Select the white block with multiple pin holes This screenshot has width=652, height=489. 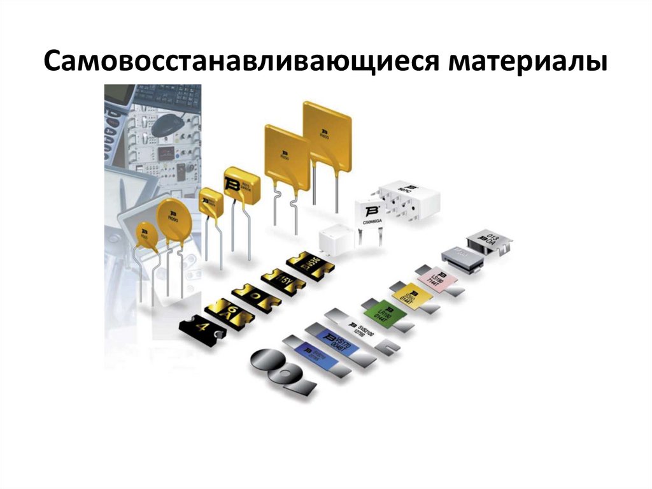tap(407, 198)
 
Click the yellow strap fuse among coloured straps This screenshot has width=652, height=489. tap(411, 296)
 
